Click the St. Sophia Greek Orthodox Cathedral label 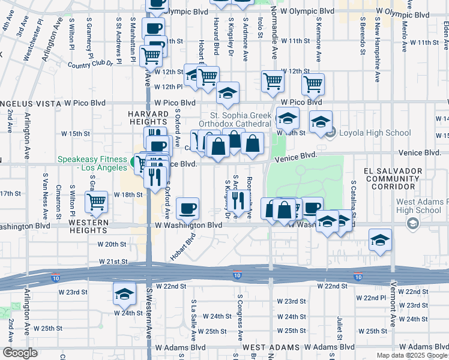pyautogui.click(x=240, y=119)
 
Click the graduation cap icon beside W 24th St pyautogui.click(x=124, y=294)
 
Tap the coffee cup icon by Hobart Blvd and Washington pyautogui.click(x=188, y=208)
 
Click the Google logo pyautogui.click(x=20, y=353)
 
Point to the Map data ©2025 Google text pyautogui.click(x=411, y=355)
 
